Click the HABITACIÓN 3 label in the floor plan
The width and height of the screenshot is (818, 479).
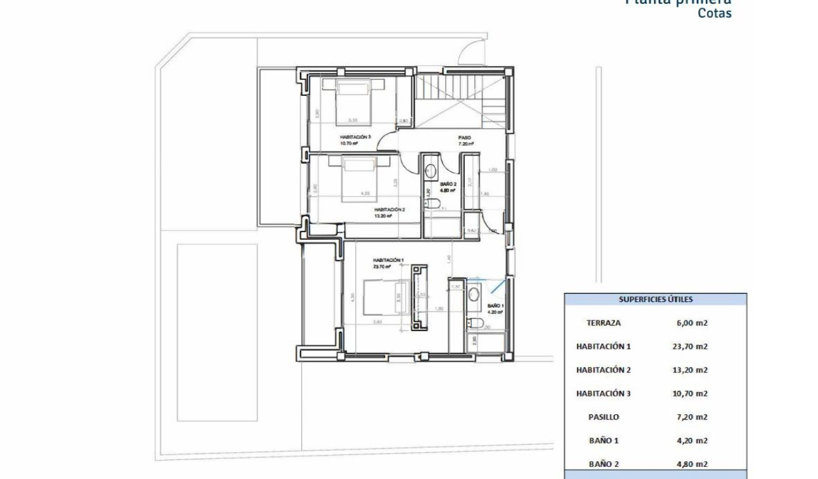355,137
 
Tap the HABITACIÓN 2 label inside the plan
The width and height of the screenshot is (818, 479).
389,209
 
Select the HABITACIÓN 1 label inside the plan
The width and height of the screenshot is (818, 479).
387,260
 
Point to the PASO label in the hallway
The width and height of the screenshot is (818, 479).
465,137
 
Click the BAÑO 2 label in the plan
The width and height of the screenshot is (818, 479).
448,184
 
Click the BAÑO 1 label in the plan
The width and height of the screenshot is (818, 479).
495,306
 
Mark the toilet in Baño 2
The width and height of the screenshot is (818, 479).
433,204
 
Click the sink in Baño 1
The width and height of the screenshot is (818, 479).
474,294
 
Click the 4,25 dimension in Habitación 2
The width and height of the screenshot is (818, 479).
365,193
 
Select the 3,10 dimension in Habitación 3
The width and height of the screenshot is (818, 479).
353,120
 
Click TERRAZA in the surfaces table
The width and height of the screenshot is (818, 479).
603,323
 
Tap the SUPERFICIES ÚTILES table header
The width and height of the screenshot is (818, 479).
656,299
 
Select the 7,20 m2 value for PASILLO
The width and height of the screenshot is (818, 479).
692,417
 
